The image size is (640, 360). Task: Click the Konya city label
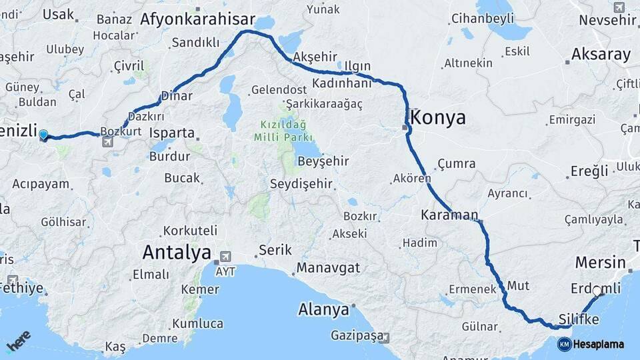(438, 118)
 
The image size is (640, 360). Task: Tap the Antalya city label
(177, 253)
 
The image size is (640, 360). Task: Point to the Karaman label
(449, 215)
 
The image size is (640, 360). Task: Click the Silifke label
(579, 320)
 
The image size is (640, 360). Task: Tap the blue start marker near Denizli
(43, 135)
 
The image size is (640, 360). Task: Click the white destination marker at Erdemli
(597, 291)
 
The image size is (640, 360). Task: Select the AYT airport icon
(225, 257)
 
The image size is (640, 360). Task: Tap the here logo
(19, 341)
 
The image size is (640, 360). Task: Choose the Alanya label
(323, 310)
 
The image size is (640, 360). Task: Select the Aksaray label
(601, 55)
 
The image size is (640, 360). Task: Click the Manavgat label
(328, 267)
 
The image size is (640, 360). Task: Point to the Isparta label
(172, 133)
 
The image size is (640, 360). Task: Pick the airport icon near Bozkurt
(107, 142)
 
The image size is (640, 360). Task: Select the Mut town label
(518, 285)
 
